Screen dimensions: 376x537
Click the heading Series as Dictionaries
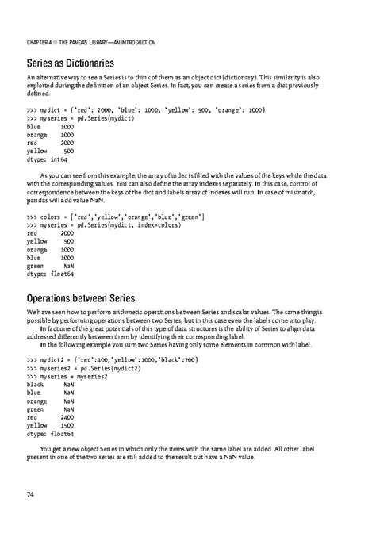[71, 62]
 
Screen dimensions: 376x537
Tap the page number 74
[30, 494]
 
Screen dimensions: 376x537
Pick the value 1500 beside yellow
[67, 424]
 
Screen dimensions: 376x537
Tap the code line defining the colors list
[116, 216]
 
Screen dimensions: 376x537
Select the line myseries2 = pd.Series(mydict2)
[84, 367]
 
